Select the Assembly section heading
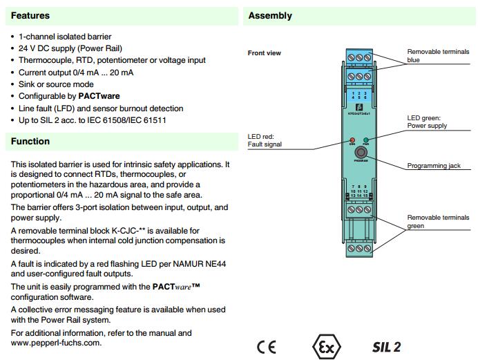click(270, 16)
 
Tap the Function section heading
click(30, 142)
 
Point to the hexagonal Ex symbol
click(325, 346)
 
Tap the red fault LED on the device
click(352, 140)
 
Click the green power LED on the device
click(365, 140)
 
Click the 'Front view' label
click(264, 53)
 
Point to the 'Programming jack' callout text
click(433, 166)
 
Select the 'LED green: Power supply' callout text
click(427, 122)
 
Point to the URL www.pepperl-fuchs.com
click(56, 343)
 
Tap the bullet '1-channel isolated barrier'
click(65, 37)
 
